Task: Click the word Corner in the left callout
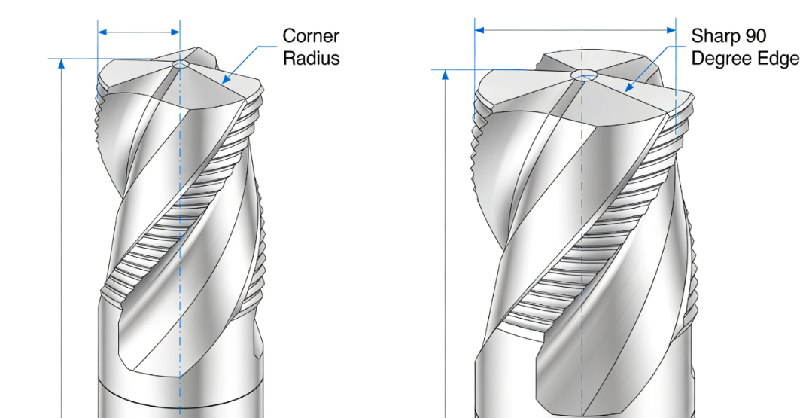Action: (x=311, y=36)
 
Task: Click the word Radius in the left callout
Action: (x=311, y=58)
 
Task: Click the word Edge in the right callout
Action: (x=779, y=58)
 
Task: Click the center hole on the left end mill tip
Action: (x=181, y=65)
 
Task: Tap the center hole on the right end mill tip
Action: (x=582, y=75)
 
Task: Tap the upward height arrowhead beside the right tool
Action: (x=446, y=75)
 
